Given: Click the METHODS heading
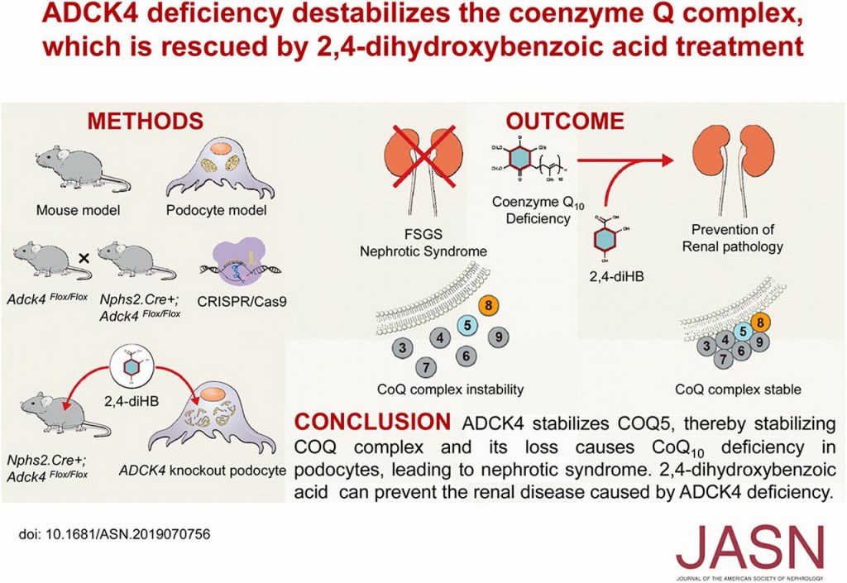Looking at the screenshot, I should (146, 121).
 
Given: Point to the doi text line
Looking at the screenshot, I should (114, 534).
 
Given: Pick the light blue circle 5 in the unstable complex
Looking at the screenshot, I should (467, 325).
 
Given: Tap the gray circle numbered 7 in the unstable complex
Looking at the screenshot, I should (425, 366).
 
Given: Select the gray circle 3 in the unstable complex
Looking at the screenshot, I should (401, 347).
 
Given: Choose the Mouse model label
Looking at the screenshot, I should (79, 210).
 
